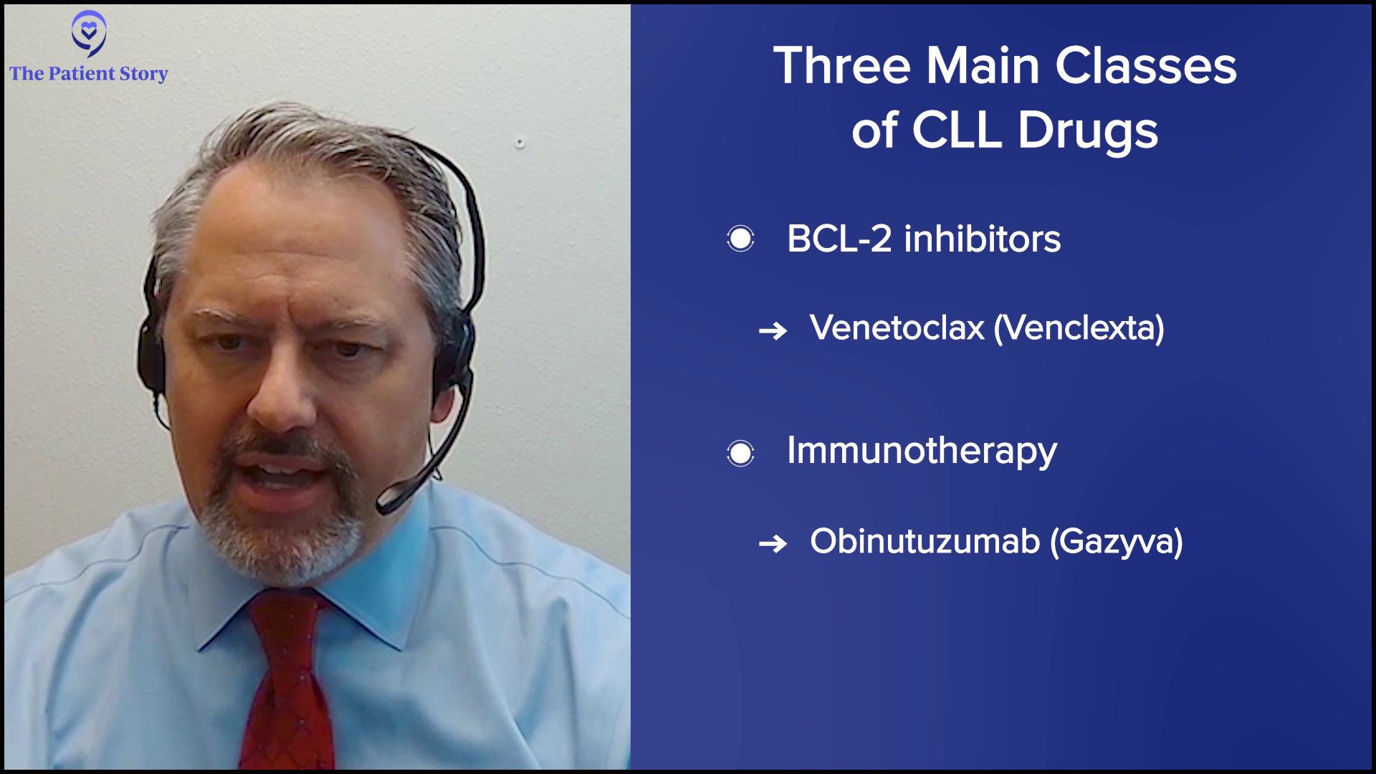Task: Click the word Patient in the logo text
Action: (82, 74)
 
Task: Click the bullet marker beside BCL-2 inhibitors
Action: (740, 239)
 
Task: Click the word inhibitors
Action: (983, 239)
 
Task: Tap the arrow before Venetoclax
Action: (773, 330)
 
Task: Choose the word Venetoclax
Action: (897, 328)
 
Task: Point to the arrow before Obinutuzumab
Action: (773, 544)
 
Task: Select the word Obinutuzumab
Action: (924, 542)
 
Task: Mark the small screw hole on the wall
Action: (520, 143)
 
